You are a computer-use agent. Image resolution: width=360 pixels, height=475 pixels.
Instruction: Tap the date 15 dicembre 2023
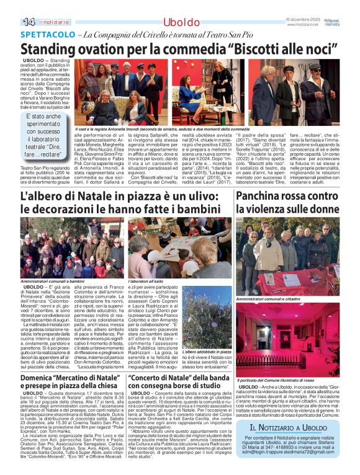(302, 20)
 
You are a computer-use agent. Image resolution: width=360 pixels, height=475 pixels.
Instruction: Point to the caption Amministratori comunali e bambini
(50, 281)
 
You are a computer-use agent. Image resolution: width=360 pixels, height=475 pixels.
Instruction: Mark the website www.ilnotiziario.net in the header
(302, 25)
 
